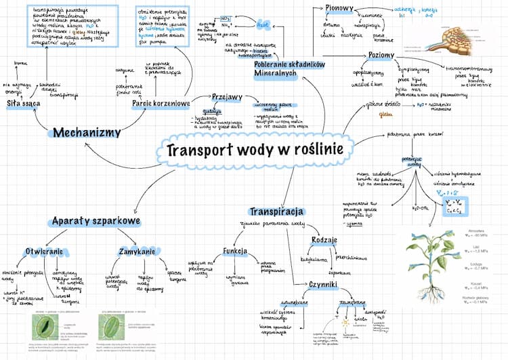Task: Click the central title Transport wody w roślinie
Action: pos(255,149)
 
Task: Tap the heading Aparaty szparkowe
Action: pos(95,221)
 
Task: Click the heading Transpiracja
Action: pos(276,212)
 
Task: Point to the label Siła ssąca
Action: pos(23,104)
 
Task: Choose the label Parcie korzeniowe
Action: pos(161,104)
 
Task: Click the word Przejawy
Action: pos(227,97)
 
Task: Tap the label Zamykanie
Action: pos(139,252)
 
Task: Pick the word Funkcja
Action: pos(234,252)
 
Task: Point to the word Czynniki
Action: pos(324,285)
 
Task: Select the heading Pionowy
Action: pos(341,8)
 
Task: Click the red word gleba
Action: pos(387,115)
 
